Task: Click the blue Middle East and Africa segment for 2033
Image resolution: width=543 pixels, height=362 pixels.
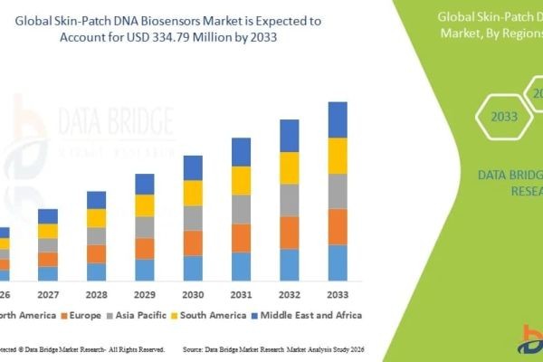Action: click(338, 119)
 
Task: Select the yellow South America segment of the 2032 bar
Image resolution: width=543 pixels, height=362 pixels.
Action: click(289, 167)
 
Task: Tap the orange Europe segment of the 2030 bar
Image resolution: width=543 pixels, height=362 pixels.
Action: click(193, 243)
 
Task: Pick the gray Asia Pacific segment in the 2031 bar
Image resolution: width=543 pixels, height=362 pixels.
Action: click(241, 209)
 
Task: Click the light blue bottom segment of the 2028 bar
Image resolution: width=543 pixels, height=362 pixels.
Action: click(96, 271)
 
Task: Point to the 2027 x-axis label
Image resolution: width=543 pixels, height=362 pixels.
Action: click(48, 295)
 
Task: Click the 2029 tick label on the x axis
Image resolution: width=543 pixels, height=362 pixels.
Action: click(145, 295)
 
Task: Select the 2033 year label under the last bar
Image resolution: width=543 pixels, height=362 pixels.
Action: click(338, 295)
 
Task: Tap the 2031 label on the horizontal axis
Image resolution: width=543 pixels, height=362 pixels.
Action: click(241, 295)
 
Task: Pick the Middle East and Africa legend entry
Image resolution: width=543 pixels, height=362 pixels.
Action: click(309, 315)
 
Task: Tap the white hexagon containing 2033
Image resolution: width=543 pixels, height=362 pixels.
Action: click(499, 117)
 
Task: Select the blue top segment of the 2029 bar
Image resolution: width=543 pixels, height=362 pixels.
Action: click(145, 184)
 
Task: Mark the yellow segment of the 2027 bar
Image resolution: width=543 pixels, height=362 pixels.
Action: click(48, 231)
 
